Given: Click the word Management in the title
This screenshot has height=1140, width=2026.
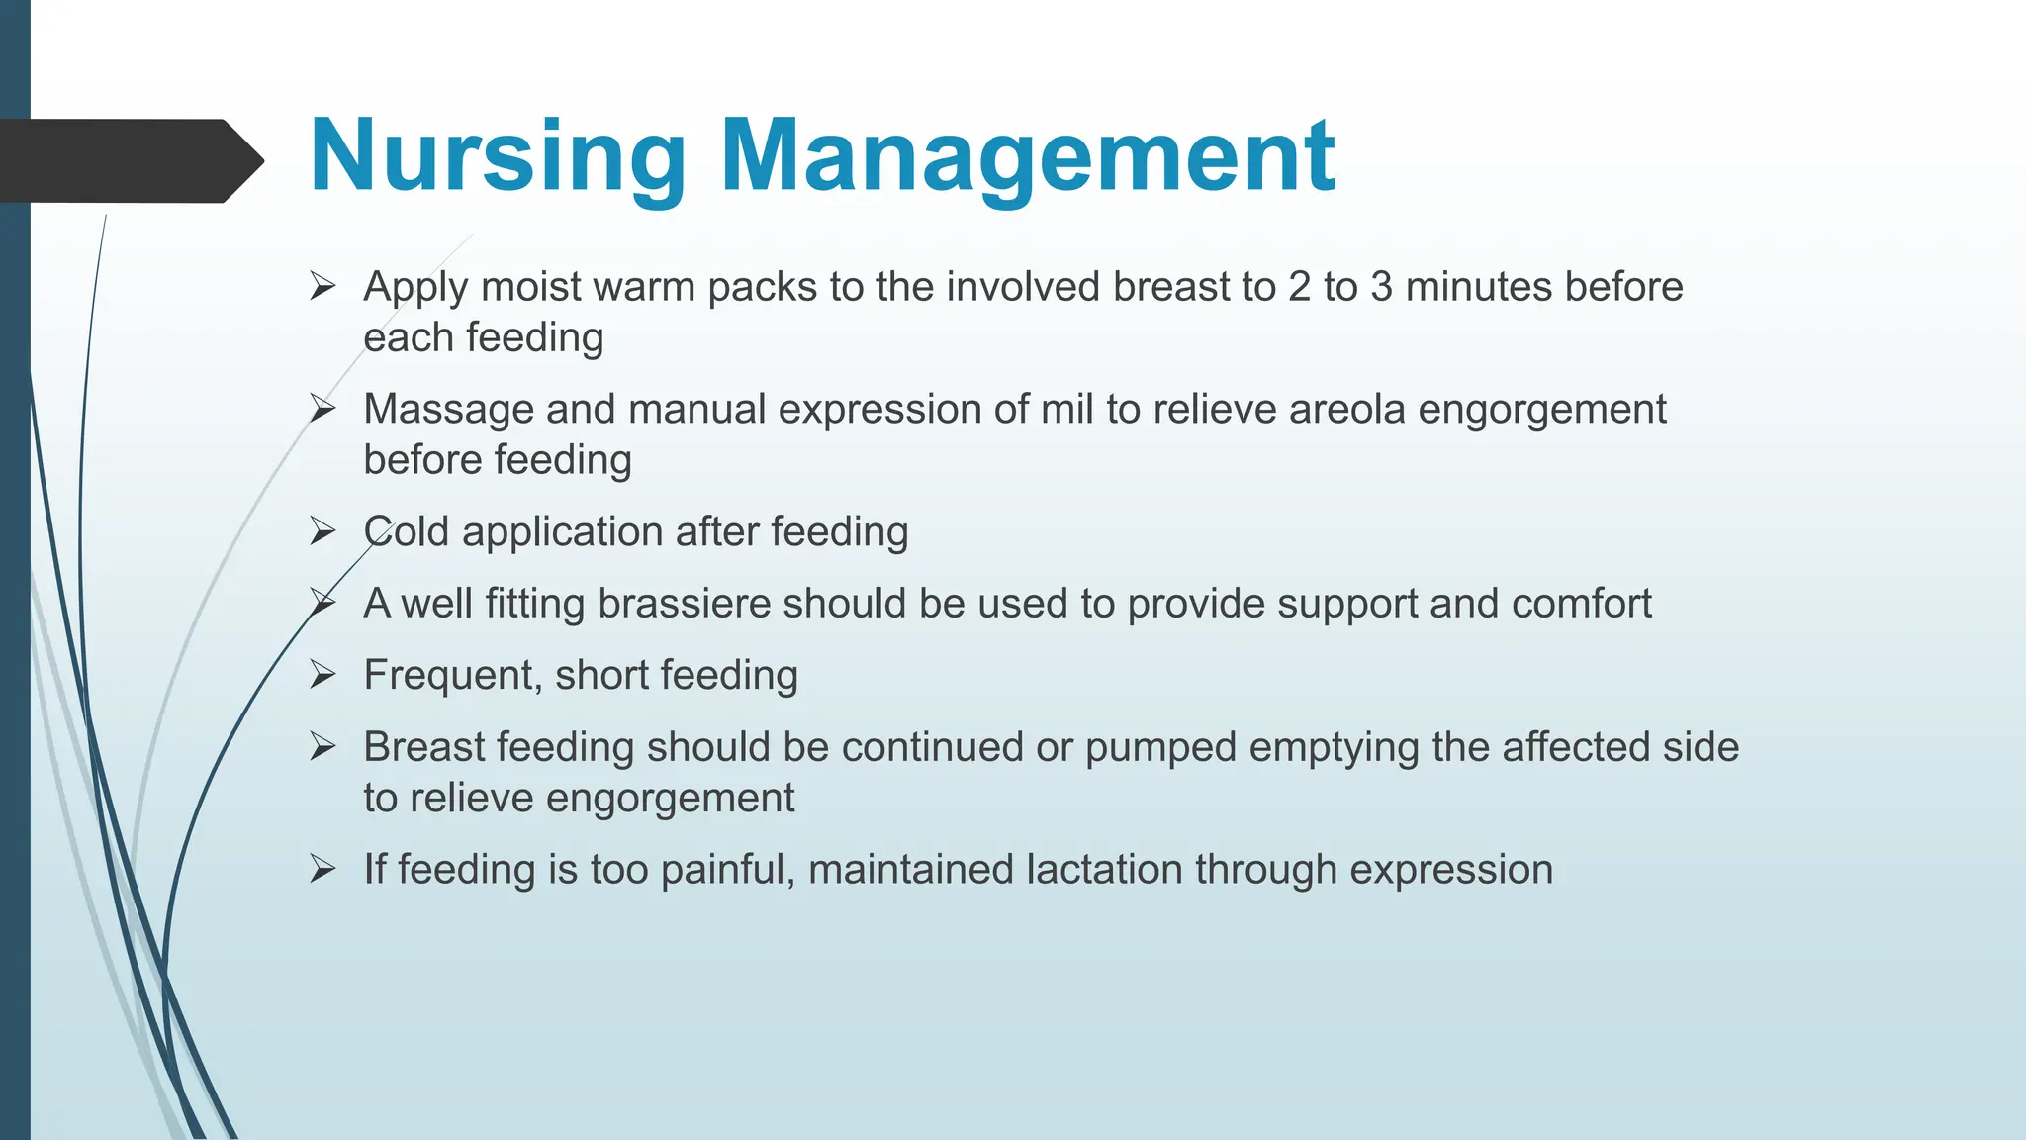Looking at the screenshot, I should (1028, 158).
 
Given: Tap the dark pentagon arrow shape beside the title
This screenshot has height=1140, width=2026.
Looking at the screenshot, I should (129, 161).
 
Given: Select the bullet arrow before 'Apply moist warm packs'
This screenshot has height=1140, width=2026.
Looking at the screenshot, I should (322, 287).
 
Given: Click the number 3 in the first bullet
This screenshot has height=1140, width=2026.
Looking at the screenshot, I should (1381, 287).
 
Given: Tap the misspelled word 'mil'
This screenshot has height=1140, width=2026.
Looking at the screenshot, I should (1066, 410).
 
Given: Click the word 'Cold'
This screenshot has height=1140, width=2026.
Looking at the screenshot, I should (407, 532).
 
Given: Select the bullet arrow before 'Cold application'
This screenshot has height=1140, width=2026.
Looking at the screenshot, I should (322, 532).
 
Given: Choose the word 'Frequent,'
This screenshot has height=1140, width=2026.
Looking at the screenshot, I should (452, 676).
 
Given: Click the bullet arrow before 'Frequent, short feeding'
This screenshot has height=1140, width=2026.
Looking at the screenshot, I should (322, 676).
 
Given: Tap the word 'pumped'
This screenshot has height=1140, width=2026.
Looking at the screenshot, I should (1160, 747).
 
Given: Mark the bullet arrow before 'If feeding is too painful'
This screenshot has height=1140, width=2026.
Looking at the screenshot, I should (322, 870).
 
